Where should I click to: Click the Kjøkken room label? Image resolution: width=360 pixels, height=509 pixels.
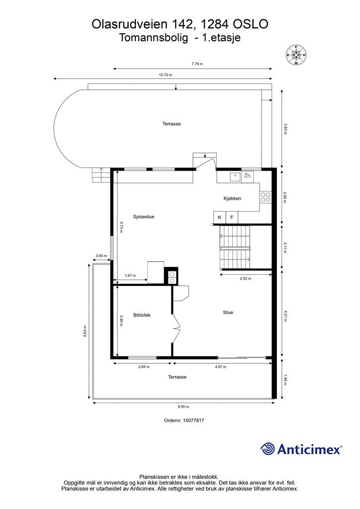pos(232,198)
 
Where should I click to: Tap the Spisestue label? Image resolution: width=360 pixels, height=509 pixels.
pos(144,217)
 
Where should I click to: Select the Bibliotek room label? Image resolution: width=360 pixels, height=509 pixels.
pos(142,315)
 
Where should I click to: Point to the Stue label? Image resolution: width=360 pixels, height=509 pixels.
pos(228,312)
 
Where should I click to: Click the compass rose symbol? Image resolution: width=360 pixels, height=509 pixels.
pos(296,55)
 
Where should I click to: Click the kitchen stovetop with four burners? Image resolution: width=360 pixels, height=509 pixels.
pos(266,197)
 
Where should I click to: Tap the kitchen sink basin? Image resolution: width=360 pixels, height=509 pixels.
pos(235,176)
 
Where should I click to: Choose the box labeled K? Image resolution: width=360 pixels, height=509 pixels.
pos(219,217)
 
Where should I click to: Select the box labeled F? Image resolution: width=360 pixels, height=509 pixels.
pos(232,217)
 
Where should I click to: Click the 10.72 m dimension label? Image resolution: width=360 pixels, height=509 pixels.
pos(165,75)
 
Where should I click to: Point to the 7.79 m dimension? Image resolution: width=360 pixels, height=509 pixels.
pos(197,64)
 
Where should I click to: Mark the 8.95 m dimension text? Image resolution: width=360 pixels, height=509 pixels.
pos(183,407)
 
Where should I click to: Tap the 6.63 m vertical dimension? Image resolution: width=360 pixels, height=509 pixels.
pos(85,332)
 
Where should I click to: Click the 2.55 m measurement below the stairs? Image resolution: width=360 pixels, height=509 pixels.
pos(246,278)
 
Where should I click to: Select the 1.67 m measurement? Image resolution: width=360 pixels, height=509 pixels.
pos(130,275)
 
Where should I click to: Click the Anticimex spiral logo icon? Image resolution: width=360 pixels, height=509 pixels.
pos(268,449)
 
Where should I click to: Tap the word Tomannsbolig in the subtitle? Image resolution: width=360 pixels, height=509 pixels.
pos(154,38)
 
